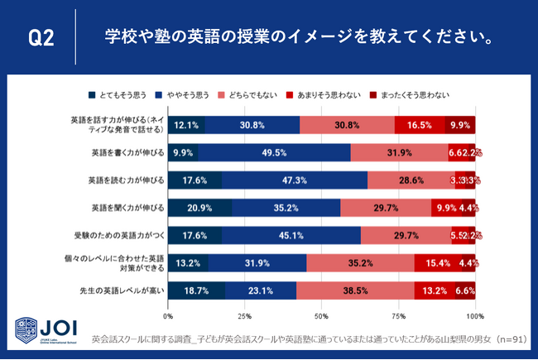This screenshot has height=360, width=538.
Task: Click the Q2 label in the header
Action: pos(41,39)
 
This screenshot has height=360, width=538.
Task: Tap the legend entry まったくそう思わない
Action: pos(414,94)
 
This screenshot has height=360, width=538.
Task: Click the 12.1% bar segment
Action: pos(186,126)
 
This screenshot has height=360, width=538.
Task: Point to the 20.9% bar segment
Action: pos(199,208)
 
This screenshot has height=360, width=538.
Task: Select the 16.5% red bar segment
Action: pos(420,126)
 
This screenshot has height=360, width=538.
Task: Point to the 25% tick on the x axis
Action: pos(245,317)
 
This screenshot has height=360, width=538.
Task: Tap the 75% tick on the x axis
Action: pos(398,317)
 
